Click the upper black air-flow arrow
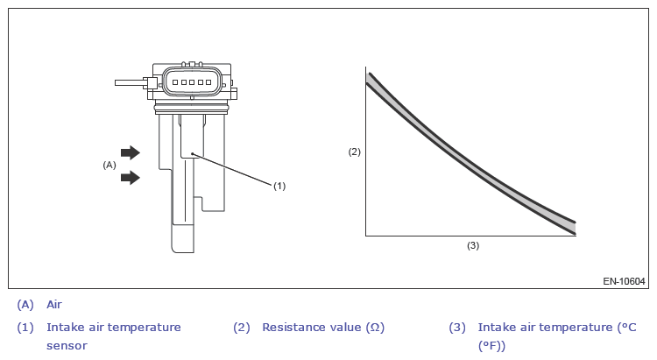point(131,152)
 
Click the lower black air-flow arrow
point(131,177)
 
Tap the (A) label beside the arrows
point(109,166)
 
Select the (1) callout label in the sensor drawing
point(279,186)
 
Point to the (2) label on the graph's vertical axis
point(355,152)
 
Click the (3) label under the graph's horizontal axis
point(473,245)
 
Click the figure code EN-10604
point(624,281)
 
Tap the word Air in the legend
point(54,305)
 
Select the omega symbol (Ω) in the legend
point(375,327)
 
